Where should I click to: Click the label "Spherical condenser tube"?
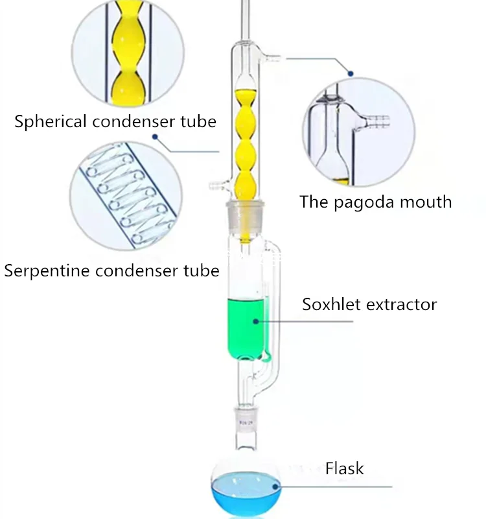point(115,121)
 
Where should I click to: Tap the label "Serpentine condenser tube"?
point(111,270)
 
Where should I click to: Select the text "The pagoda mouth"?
point(375,202)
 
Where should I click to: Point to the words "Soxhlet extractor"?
point(369,304)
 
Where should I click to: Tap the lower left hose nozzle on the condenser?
point(216,187)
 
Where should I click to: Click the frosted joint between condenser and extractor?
point(244,213)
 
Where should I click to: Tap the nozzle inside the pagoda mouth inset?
point(378,120)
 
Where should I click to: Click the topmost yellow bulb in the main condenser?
point(244,101)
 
